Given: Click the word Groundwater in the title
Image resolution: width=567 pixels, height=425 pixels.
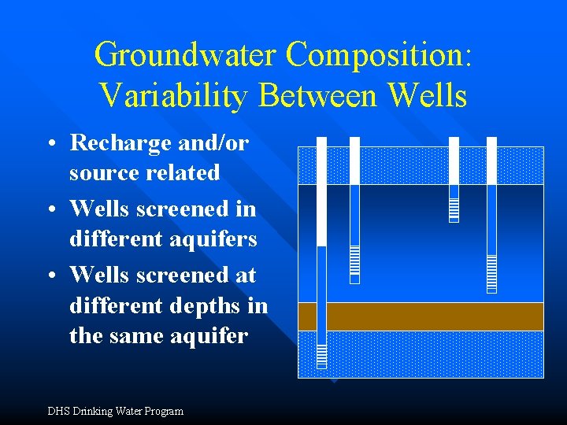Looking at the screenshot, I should tap(185, 55).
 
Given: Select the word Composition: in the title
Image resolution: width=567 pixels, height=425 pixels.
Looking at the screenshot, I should tap(379, 55).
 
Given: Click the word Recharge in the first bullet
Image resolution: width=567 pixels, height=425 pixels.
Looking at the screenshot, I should tap(120, 142).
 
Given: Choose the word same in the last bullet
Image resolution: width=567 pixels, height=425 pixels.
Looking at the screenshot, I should tap(150, 336).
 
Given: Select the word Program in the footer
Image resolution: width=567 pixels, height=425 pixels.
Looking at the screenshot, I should tap(162, 411).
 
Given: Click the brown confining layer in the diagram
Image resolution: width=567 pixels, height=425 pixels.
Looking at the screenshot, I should tap(421, 316).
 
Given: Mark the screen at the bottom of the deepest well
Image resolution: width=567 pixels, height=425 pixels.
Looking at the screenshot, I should tap(321, 356).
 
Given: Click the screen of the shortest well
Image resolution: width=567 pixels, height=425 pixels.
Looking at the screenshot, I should tap(454, 209).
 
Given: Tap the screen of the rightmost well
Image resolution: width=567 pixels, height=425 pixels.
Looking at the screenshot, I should tap(491, 273).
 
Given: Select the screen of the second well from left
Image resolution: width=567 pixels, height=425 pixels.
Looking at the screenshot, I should tap(354, 264).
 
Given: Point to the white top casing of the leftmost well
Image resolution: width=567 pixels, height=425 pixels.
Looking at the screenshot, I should tap(321, 189).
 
